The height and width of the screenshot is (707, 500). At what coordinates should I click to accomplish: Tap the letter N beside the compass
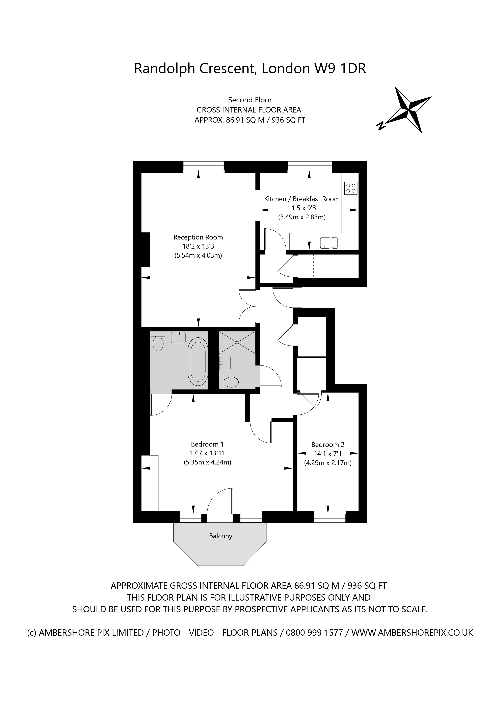[381, 125]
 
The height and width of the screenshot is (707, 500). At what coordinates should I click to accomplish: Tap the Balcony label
[220, 536]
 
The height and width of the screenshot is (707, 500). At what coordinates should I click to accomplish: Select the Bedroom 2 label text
[327, 445]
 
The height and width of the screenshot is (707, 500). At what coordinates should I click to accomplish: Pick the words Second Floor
[250, 100]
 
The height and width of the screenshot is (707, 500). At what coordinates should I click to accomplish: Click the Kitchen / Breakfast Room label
[302, 199]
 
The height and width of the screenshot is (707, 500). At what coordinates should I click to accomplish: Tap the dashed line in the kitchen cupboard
[313, 265]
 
